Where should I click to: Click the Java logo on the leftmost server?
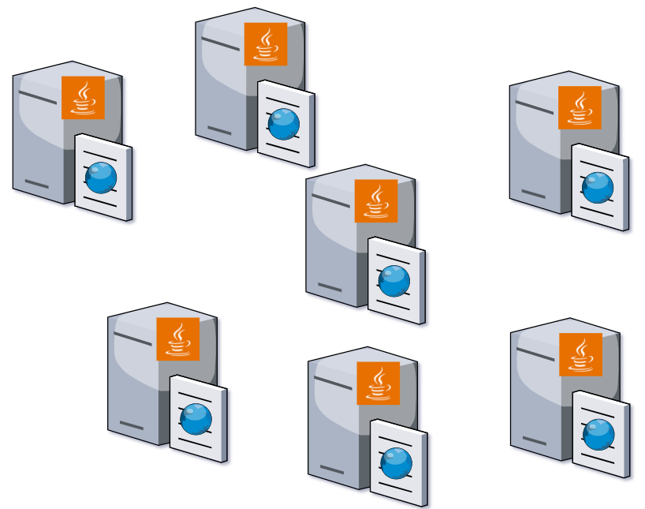(x=83, y=98)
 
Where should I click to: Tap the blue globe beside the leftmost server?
(x=101, y=178)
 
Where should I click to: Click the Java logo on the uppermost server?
(x=266, y=44)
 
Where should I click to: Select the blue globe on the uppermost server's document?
(x=284, y=124)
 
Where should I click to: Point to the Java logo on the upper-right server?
(x=580, y=107)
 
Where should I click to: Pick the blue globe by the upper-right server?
(x=598, y=187)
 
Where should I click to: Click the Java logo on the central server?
(x=376, y=200)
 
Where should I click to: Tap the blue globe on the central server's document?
(x=394, y=280)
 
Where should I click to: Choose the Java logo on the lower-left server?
(x=178, y=339)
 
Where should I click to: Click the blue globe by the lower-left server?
(x=196, y=418)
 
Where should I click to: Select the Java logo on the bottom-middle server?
(x=378, y=383)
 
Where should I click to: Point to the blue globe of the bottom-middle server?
(x=397, y=462)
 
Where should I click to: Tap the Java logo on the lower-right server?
(x=580, y=354)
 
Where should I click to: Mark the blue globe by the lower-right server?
(x=598, y=434)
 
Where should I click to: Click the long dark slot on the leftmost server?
(x=38, y=98)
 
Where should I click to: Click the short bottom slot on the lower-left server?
(x=132, y=426)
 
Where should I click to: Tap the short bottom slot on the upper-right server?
(x=534, y=194)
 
